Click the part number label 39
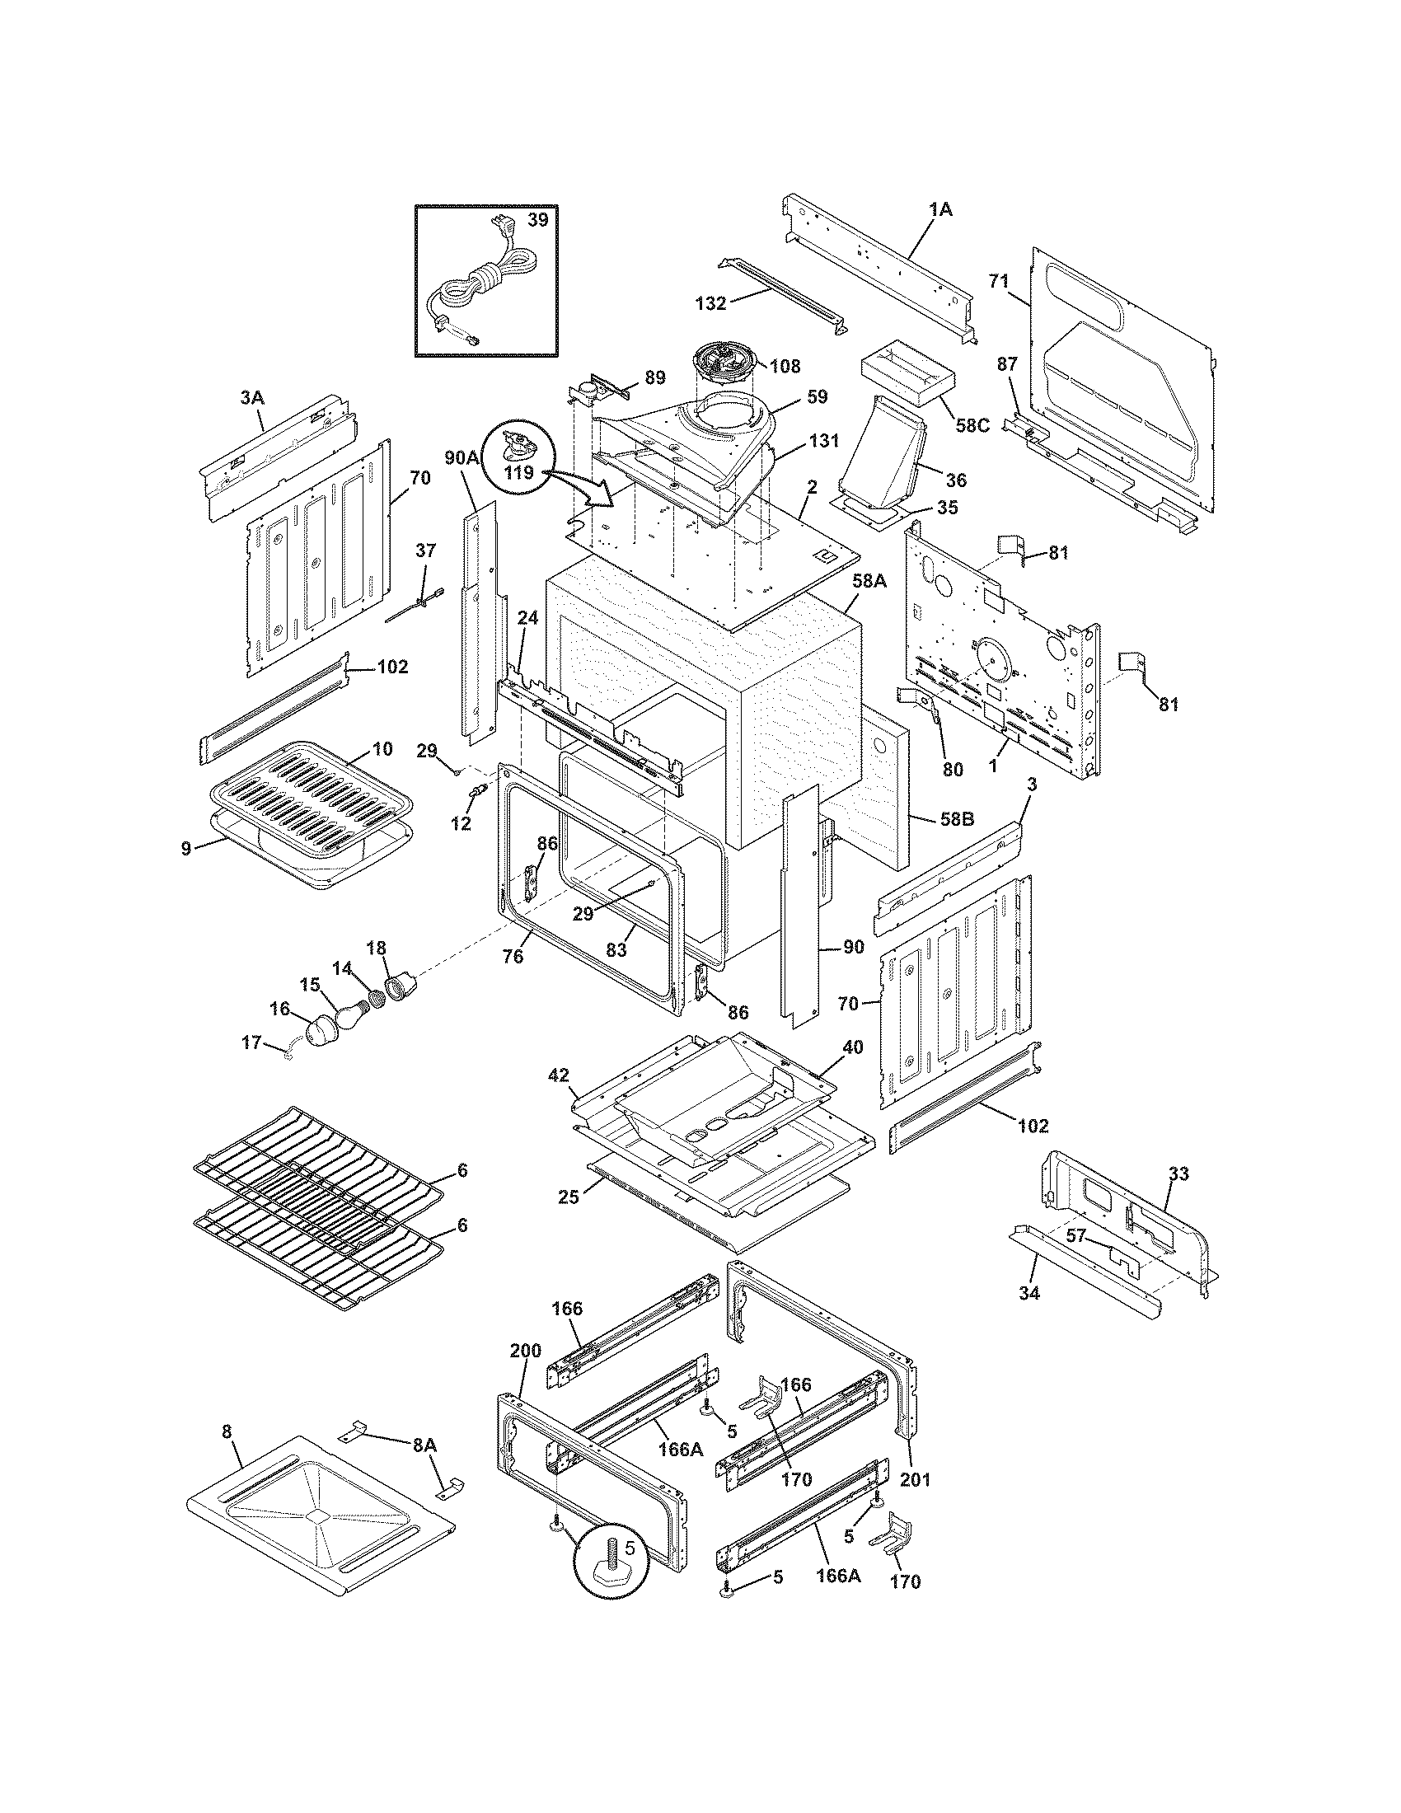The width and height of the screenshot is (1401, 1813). [538, 219]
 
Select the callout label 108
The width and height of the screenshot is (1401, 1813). [785, 365]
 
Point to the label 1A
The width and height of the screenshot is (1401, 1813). [940, 210]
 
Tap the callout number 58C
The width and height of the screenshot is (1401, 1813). [972, 425]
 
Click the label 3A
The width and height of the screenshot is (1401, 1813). [251, 399]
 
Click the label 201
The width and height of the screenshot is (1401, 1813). [916, 1479]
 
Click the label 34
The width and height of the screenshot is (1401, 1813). [1028, 1292]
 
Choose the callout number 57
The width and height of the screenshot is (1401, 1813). [1075, 1236]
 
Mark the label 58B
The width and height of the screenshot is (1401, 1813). [957, 819]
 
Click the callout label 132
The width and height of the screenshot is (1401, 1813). [710, 304]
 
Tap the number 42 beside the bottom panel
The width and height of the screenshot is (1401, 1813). [558, 1075]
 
